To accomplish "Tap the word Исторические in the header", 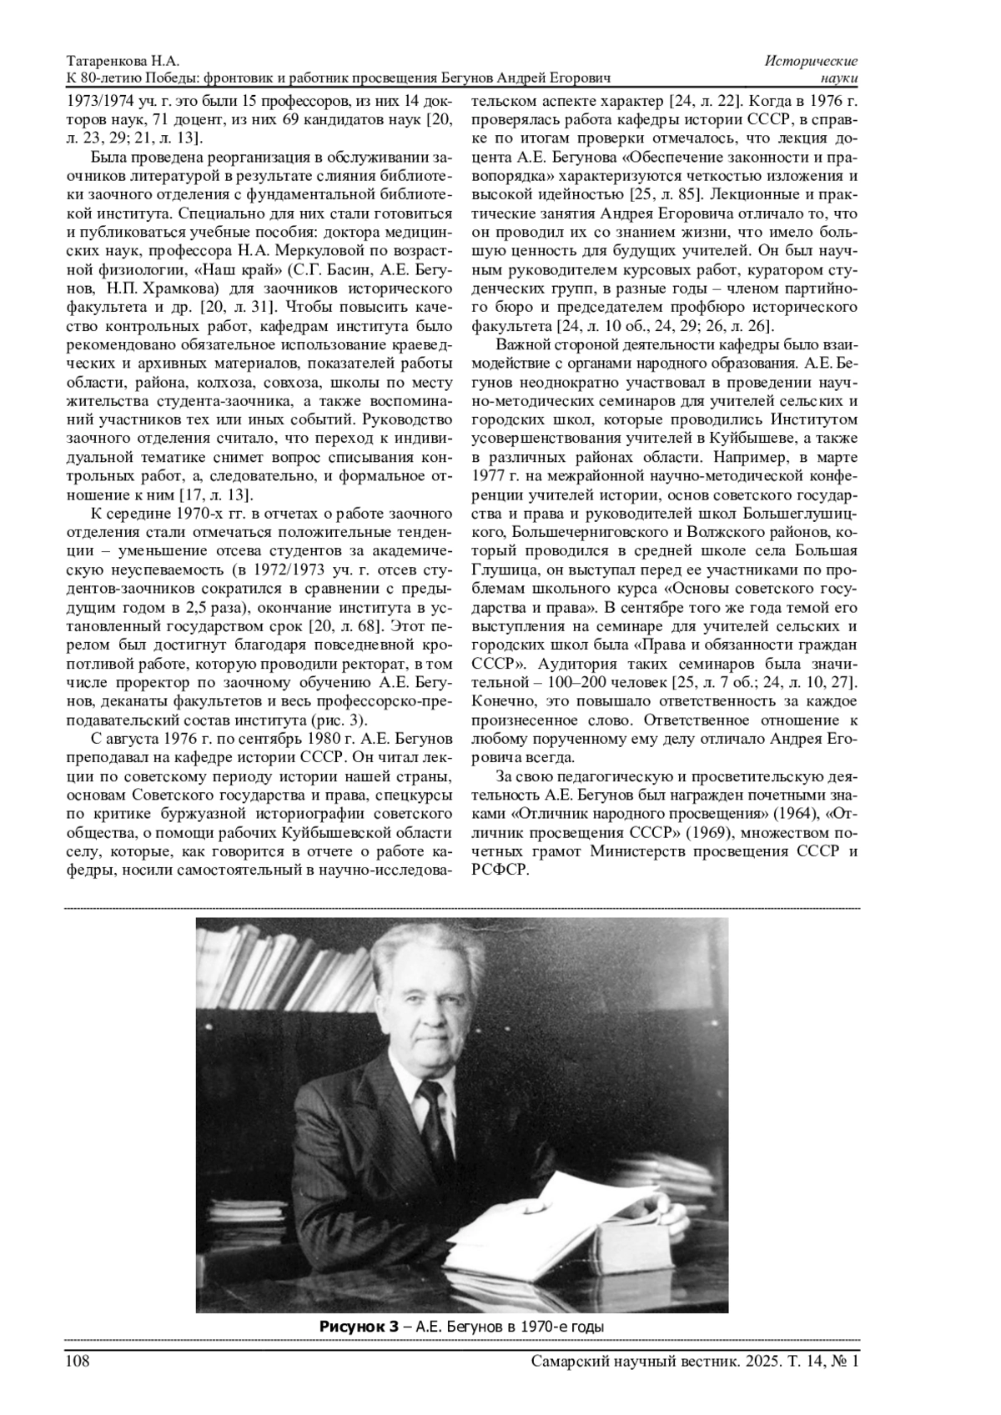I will coord(812,63).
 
